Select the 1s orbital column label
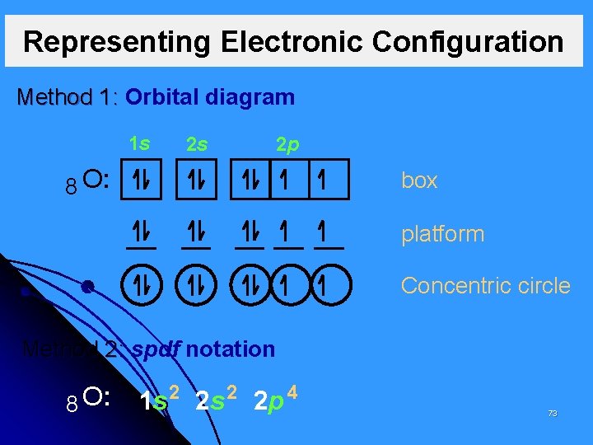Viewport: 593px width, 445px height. (139, 143)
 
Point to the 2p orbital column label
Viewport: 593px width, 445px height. (287, 145)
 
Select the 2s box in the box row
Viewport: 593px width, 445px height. (198, 180)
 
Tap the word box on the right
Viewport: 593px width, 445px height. (418, 181)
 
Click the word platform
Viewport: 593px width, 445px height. (442, 234)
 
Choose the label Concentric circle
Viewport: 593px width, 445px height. (485, 286)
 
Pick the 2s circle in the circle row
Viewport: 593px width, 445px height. (198, 286)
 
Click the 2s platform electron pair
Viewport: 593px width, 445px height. (197, 232)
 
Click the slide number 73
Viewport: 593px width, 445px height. (553, 413)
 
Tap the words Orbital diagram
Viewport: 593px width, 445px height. (210, 97)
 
